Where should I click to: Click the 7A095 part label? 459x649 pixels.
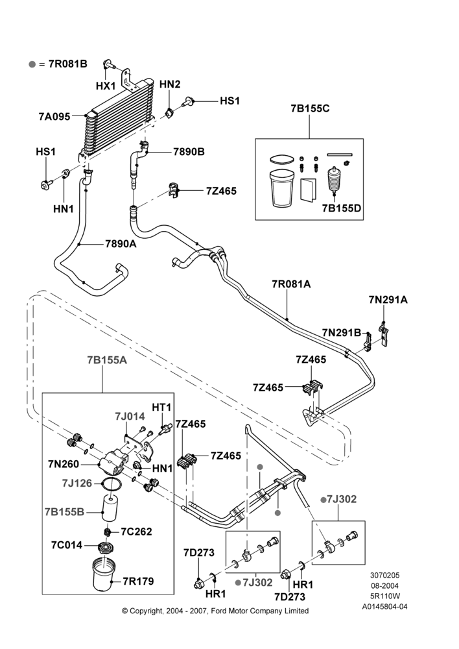(x=54, y=116)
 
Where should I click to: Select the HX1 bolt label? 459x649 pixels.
(x=106, y=86)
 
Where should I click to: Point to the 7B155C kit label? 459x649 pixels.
(x=310, y=109)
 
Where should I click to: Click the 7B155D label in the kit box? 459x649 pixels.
(x=342, y=208)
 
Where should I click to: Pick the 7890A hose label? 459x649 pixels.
(x=121, y=244)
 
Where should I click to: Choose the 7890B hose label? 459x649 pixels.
(x=189, y=152)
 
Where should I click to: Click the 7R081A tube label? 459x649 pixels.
(x=291, y=284)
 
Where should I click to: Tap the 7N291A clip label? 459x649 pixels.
(x=388, y=300)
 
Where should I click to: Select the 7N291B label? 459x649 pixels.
(x=342, y=332)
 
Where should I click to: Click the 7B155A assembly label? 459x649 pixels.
(x=107, y=360)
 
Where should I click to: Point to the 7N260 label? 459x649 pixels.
(x=64, y=464)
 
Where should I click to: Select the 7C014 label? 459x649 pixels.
(x=67, y=545)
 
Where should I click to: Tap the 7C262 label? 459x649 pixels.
(x=136, y=532)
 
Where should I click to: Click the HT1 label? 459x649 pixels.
(x=161, y=408)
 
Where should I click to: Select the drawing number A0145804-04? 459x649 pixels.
(x=385, y=607)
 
